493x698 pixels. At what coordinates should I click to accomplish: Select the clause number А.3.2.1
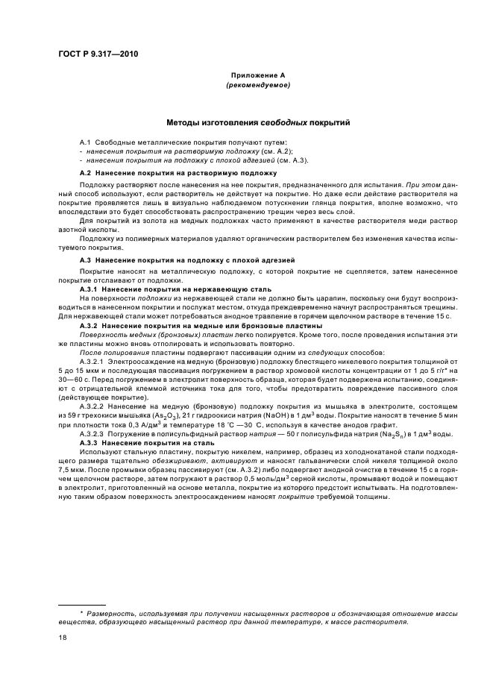[x=95, y=359]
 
